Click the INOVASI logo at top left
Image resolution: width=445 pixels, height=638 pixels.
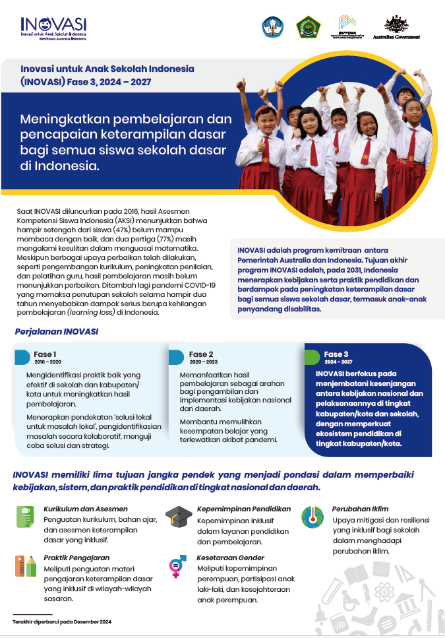click(53, 27)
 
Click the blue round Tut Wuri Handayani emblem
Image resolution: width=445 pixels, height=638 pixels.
click(272, 27)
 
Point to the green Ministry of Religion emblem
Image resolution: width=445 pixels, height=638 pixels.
click(309, 27)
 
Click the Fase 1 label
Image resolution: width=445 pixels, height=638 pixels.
click(45, 354)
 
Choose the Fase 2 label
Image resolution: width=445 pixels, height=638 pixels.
click(201, 354)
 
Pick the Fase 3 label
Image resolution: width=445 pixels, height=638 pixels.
click(336, 354)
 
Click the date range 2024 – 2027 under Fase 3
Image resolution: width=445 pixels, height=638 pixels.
click(338, 362)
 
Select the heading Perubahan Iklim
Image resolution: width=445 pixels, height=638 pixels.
click(360, 509)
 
